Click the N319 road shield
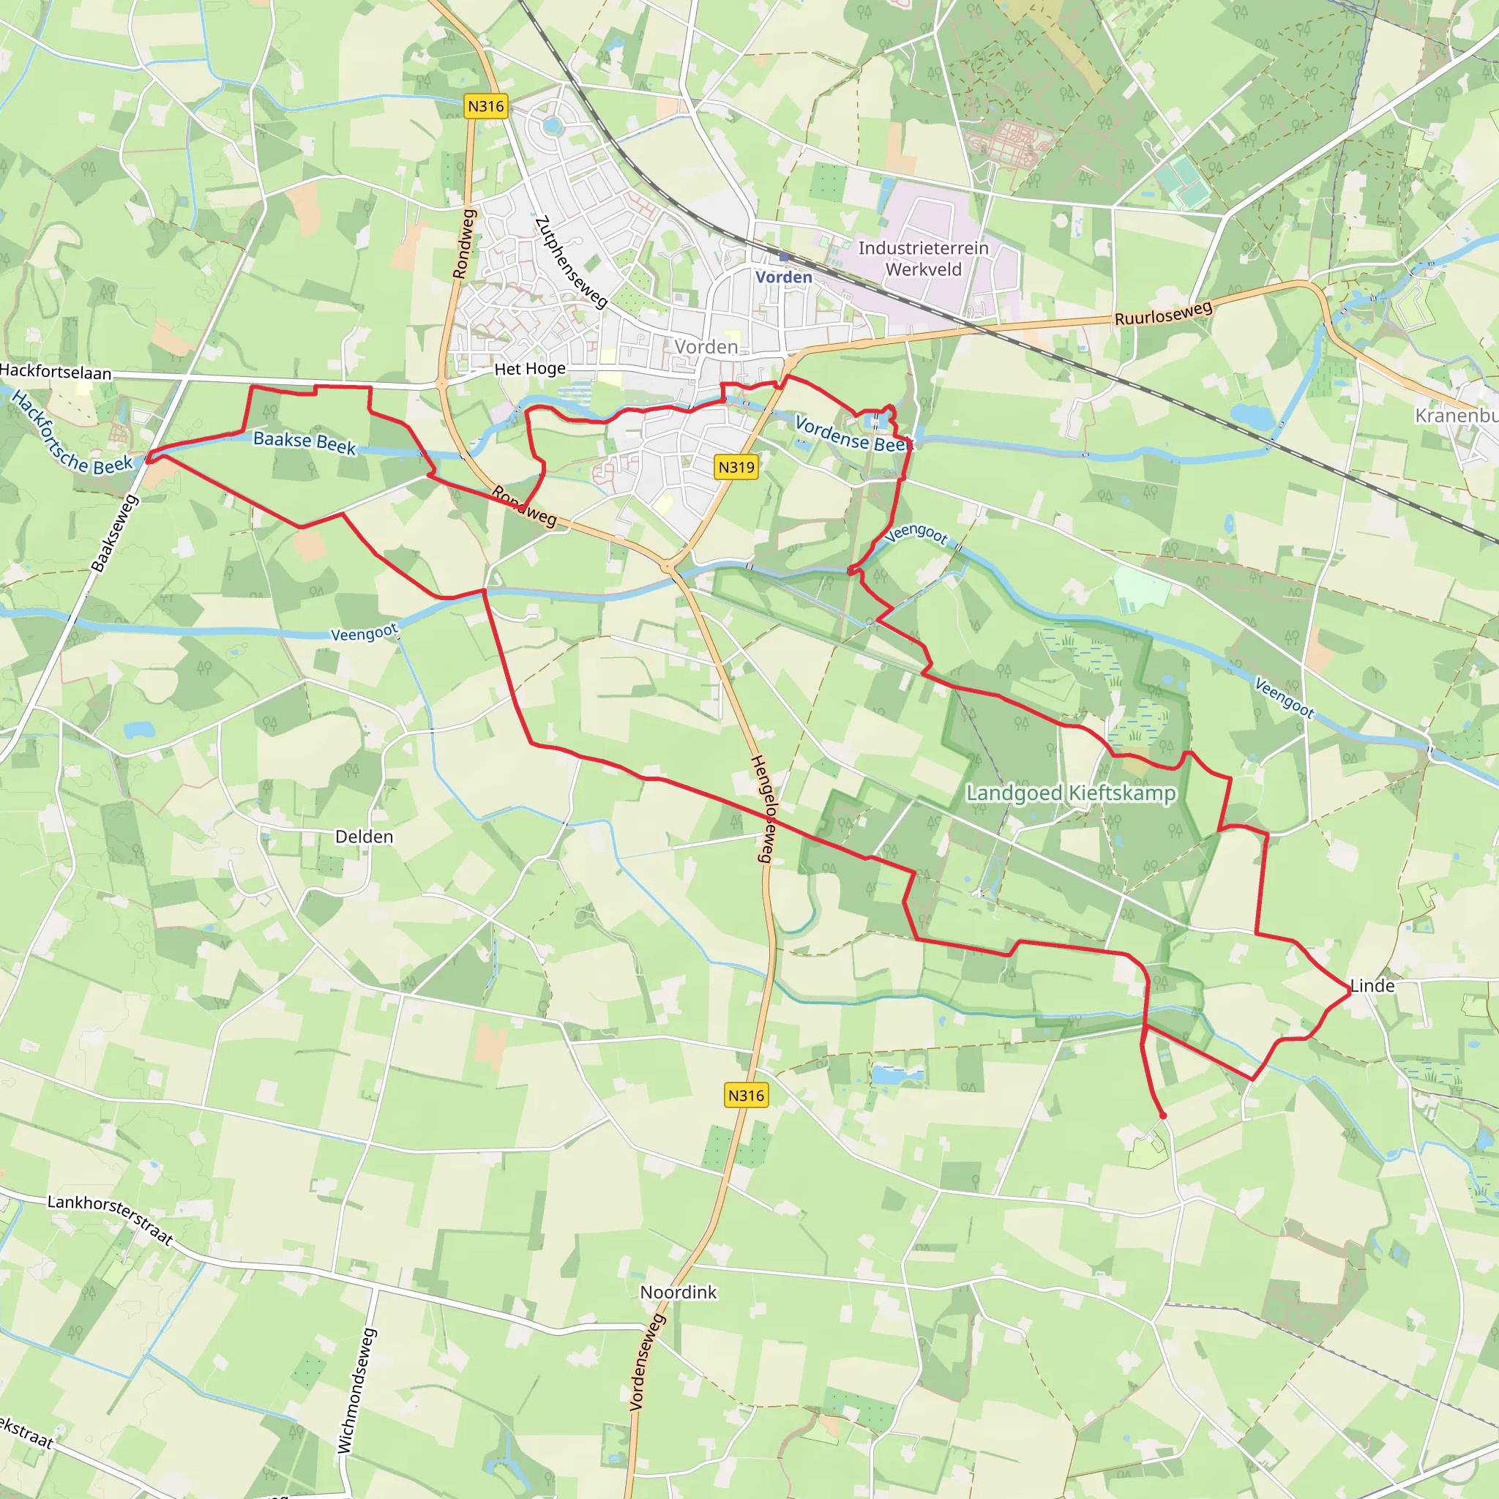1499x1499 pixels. coord(736,467)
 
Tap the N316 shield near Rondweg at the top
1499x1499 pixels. coord(486,106)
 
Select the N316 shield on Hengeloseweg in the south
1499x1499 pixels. coord(746,1096)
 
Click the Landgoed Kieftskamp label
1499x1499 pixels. coord(1070,793)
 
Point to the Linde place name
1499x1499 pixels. coord(1372,986)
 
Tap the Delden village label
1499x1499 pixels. coord(364,837)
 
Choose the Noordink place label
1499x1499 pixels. coord(678,1292)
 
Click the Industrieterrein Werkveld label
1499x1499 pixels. coord(923,259)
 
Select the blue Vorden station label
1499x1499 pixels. coord(784,277)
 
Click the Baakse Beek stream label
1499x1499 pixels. coord(305,442)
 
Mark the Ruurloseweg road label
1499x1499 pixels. coord(1163,313)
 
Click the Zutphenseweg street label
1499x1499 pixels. coord(571,262)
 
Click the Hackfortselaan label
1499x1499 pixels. coord(56,372)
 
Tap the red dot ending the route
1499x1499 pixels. coord(1162,1115)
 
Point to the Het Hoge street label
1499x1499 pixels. coord(530,370)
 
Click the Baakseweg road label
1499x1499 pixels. coord(115,534)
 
